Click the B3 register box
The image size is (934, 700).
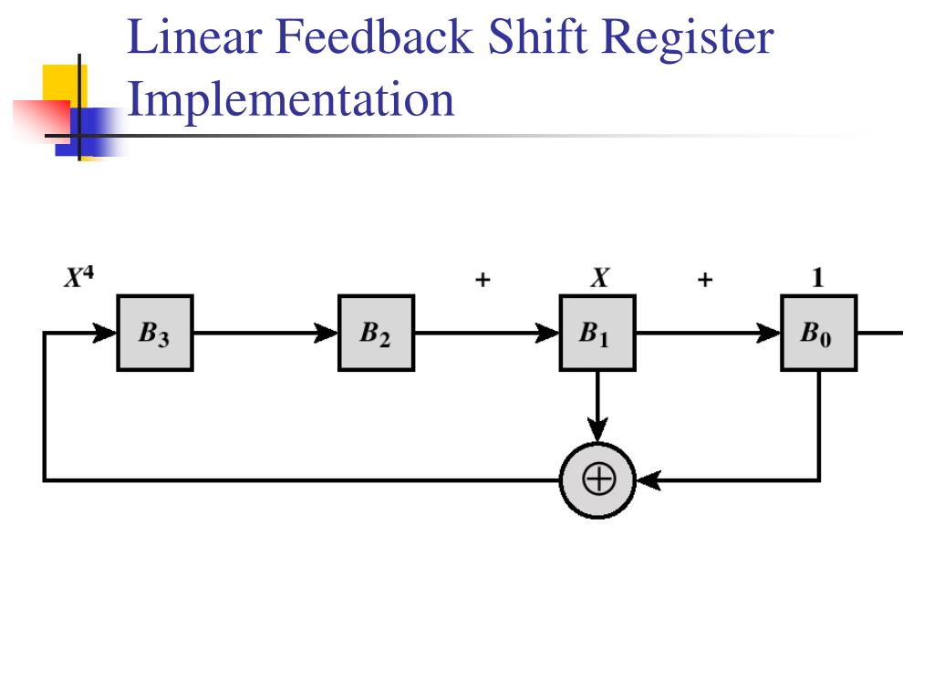click(x=154, y=333)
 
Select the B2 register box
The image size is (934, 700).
click(x=376, y=333)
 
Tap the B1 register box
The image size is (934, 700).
click(x=597, y=333)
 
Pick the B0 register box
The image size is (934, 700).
click(x=818, y=333)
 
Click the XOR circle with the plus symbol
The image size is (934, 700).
click(x=597, y=480)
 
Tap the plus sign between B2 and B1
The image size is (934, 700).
click(x=482, y=281)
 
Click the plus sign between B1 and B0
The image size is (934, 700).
click(x=704, y=281)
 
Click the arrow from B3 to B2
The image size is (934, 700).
click(x=265, y=334)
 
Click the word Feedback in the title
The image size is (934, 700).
click(x=376, y=38)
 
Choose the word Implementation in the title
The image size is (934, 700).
click(x=290, y=98)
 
